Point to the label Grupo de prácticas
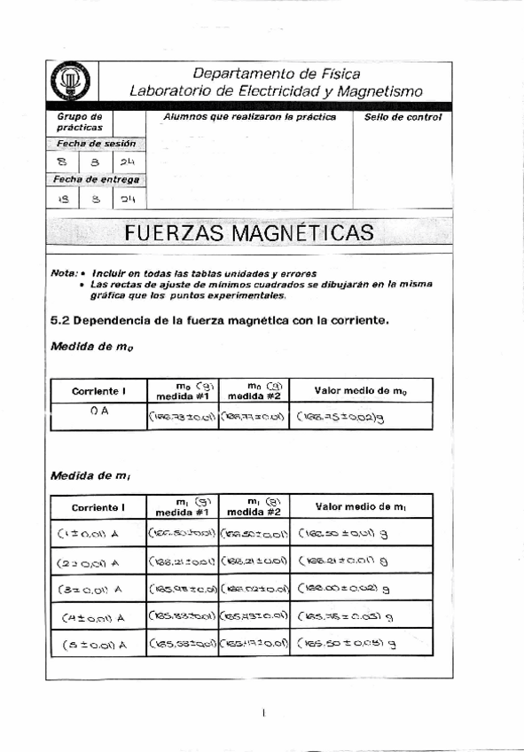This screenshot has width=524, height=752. [79, 122]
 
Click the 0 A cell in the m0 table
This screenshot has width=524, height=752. [98, 411]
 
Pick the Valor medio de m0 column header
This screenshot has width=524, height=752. [361, 390]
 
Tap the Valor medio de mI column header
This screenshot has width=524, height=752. [361, 507]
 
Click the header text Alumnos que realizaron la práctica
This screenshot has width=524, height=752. [249, 117]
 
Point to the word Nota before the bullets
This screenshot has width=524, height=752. [66, 273]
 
